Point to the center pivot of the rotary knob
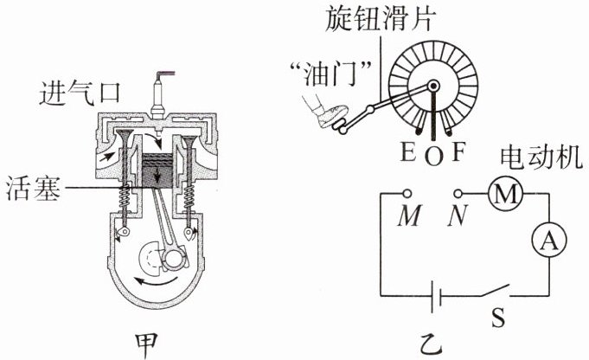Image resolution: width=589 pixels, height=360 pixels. [x=432, y=87]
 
